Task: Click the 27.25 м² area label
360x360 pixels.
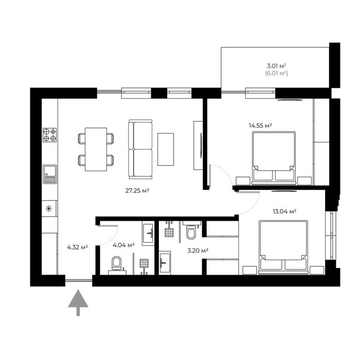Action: point(137,191)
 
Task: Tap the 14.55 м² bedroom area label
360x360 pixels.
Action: point(260,125)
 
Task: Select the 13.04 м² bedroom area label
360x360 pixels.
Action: point(284,211)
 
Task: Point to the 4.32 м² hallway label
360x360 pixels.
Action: point(77,247)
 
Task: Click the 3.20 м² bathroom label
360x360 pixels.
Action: point(197,250)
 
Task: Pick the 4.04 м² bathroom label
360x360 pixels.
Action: point(123,245)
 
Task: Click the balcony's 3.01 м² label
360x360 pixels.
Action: point(276,66)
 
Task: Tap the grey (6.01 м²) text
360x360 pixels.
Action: point(277,74)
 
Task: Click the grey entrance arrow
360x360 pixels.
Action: point(78,302)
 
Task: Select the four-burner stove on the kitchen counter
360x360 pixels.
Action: point(49,135)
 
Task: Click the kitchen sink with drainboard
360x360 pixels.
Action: point(49,174)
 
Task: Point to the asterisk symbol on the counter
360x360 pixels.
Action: point(49,209)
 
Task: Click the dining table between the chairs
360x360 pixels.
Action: point(96,149)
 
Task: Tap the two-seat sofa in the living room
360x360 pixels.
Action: point(140,149)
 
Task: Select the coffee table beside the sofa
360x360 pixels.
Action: point(166,149)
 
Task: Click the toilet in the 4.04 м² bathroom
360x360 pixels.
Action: point(116,263)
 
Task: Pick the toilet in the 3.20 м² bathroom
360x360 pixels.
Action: point(191,232)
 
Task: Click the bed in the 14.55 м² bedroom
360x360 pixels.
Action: point(274,158)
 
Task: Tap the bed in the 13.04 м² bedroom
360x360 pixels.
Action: point(283,247)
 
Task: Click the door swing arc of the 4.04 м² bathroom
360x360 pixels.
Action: point(113,239)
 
